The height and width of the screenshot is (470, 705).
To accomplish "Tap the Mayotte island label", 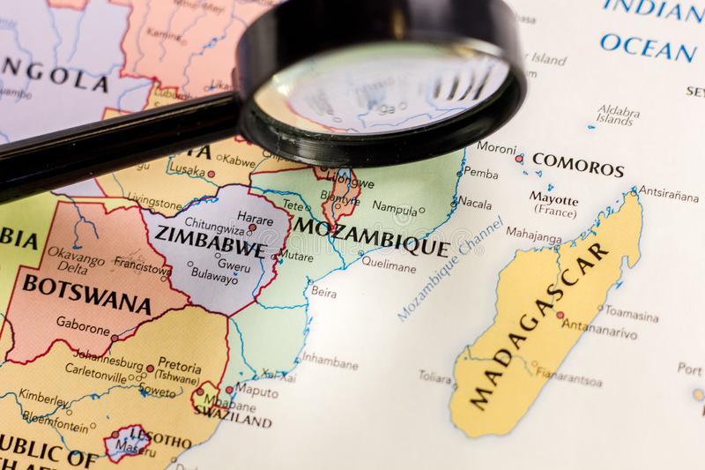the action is pyautogui.click(x=553, y=201).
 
